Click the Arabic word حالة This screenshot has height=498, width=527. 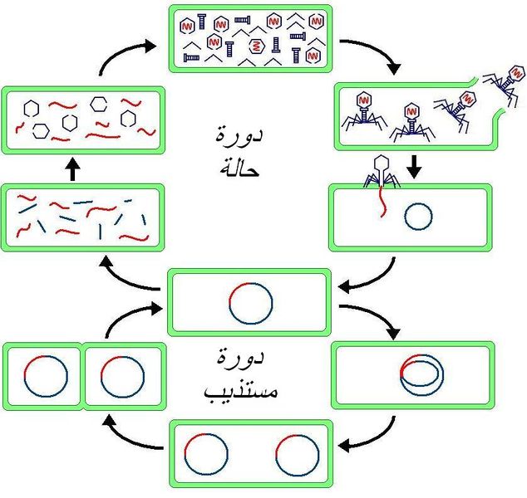tap(240, 167)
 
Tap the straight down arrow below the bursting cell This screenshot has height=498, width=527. tap(414, 167)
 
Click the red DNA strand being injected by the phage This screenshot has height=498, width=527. tap(382, 202)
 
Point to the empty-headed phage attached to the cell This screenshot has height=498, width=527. tap(382, 171)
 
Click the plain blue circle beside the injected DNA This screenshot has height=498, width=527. tap(418, 217)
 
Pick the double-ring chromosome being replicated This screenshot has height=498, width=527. tap(421, 375)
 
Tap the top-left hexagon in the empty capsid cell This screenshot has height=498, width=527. tap(31, 108)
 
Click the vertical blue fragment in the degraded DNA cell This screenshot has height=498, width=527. tap(100, 232)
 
